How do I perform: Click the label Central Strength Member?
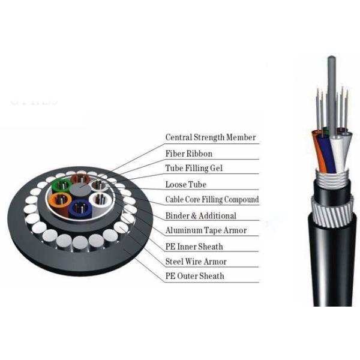click(x=211, y=137)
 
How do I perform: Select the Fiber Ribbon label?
click(x=189, y=154)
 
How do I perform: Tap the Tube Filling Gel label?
click(x=194, y=168)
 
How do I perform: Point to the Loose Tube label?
click(x=186, y=184)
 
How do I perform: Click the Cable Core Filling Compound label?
click(x=212, y=199)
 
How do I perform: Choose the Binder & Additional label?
click(x=200, y=215)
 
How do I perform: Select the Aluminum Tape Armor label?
click(x=206, y=230)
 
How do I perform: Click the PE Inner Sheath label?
click(x=194, y=247)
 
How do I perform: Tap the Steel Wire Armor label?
click(x=196, y=261)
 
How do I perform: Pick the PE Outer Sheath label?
click(x=194, y=276)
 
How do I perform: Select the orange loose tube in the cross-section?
click(x=59, y=200)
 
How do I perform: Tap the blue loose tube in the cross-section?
click(x=79, y=208)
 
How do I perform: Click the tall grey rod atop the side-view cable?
click(x=332, y=97)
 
